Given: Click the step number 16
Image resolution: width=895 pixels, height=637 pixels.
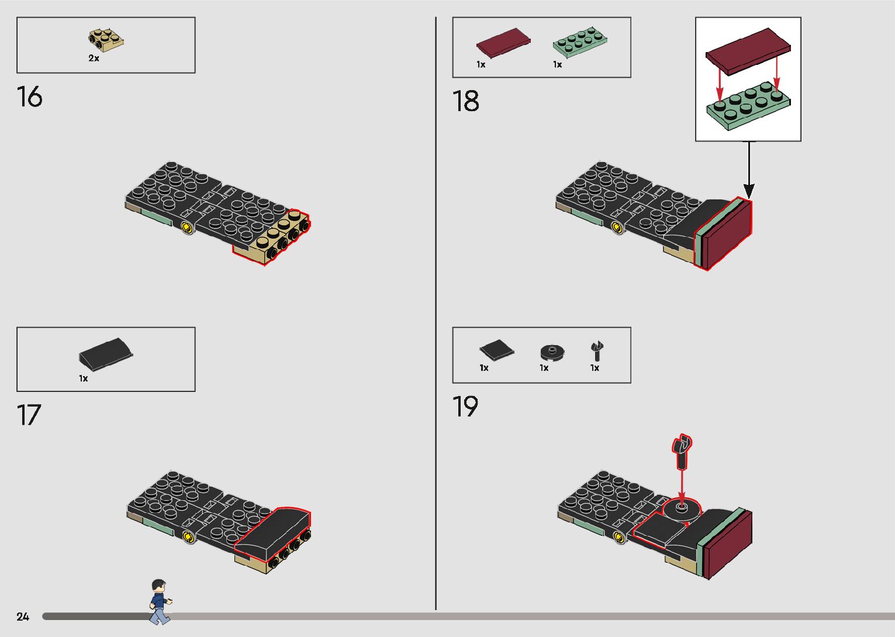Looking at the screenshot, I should point(29,97).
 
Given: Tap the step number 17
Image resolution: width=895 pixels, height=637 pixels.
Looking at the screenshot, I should point(29,415).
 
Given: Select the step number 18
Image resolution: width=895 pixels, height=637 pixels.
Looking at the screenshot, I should point(465,101).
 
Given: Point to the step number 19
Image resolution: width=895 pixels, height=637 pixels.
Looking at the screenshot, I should point(465,407).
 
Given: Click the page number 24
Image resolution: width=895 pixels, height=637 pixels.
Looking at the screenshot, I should point(23,617).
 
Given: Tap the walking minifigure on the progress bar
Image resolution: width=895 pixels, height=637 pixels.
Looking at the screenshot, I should point(159,601).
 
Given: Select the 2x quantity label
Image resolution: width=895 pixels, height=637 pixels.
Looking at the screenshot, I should point(94,58).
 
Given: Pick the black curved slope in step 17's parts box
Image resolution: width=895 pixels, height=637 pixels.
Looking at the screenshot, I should point(105,353).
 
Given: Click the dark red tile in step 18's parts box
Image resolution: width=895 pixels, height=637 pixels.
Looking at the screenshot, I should point(503,43).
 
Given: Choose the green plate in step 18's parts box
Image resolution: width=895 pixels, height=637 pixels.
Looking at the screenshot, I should point(580,42).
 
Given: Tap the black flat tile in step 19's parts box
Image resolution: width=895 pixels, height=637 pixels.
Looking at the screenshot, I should point(496,350).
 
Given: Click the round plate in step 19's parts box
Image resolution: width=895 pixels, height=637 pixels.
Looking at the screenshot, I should point(552,352).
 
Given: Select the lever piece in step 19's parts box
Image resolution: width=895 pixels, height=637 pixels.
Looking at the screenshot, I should point(597,351).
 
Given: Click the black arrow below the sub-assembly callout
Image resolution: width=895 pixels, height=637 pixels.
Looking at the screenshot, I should point(748,170).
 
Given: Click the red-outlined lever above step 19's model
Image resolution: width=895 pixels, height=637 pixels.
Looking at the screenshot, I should point(682,450).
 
